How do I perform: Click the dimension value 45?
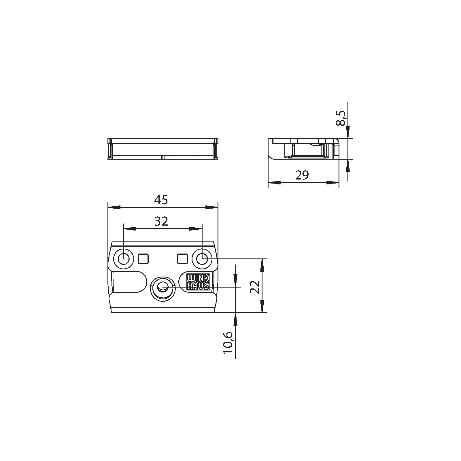pyautogui.click(x=161, y=200)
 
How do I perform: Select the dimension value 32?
pyautogui.click(x=161, y=221)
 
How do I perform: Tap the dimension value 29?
pyautogui.click(x=302, y=175)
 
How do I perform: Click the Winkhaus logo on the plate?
pyautogui.click(x=198, y=281)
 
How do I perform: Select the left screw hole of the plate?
pyautogui.click(x=124, y=259)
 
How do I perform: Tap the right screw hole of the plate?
pyautogui.click(x=202, y=258)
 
